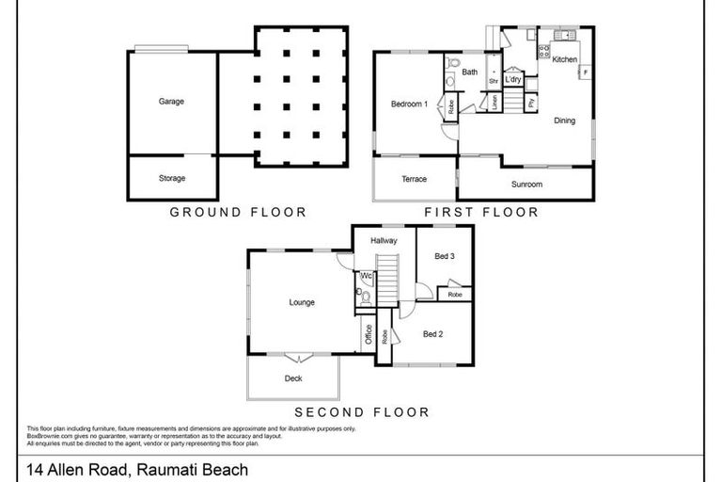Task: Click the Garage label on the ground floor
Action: coord(171,102)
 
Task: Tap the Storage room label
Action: coord(171,178)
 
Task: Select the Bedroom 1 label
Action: coord(410,103)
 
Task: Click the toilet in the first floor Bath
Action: coord(452,65)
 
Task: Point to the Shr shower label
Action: coord(492,81)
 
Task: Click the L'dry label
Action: coord(513,80)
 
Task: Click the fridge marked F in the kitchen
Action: coord(585,72)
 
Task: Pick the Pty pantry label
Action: coord(532,102)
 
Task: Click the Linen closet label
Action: coord(494,102)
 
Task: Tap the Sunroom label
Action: coord(526,184)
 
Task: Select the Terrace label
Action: coord(414,179)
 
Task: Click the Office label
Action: coord(369,333)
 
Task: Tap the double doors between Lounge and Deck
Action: coord(298,357)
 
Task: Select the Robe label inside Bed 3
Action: coord(454,295)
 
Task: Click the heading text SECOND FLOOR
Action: coord(362,411)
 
